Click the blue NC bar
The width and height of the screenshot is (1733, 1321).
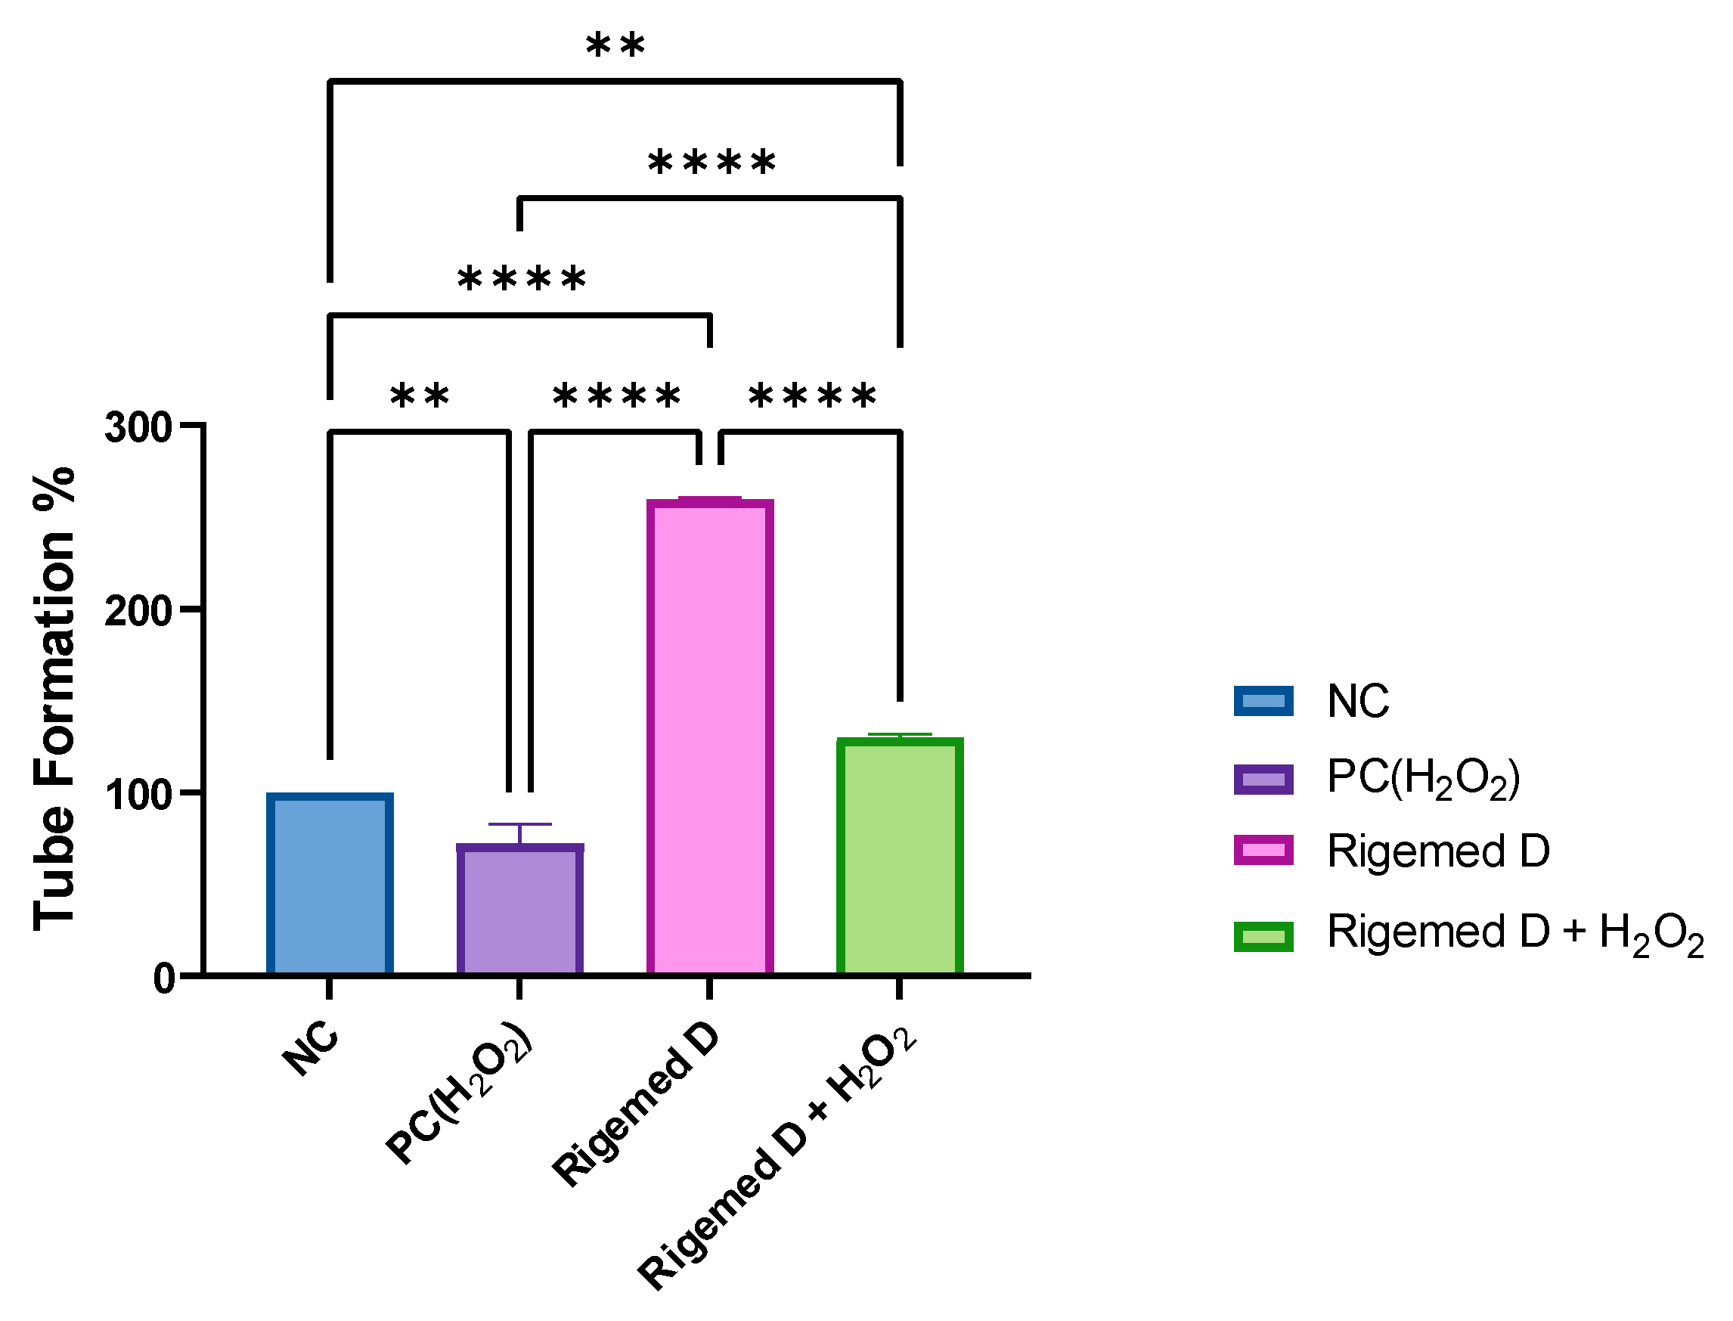pos(330,884)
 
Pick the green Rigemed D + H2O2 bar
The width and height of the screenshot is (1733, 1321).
pos(900,856)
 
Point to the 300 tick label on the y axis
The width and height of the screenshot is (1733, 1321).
pos(138,429)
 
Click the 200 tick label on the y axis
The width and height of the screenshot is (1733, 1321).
pos(138,611)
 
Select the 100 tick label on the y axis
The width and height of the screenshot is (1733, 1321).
pos(138,795)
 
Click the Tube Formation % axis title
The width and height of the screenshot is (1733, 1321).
pos(55,699)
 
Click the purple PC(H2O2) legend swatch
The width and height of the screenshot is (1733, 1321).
pos(1263,780)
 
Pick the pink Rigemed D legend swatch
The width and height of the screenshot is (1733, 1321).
pos(1263,850)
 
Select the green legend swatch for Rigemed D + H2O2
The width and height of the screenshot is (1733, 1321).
pos(1263,936)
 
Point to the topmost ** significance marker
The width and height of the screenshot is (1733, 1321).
pos(615,45)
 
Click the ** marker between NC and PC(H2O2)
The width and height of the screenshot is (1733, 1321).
pos(420,395)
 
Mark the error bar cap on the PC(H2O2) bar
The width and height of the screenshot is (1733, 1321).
pos(519,824)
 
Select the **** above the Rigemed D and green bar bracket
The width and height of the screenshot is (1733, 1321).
pos(811,395)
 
